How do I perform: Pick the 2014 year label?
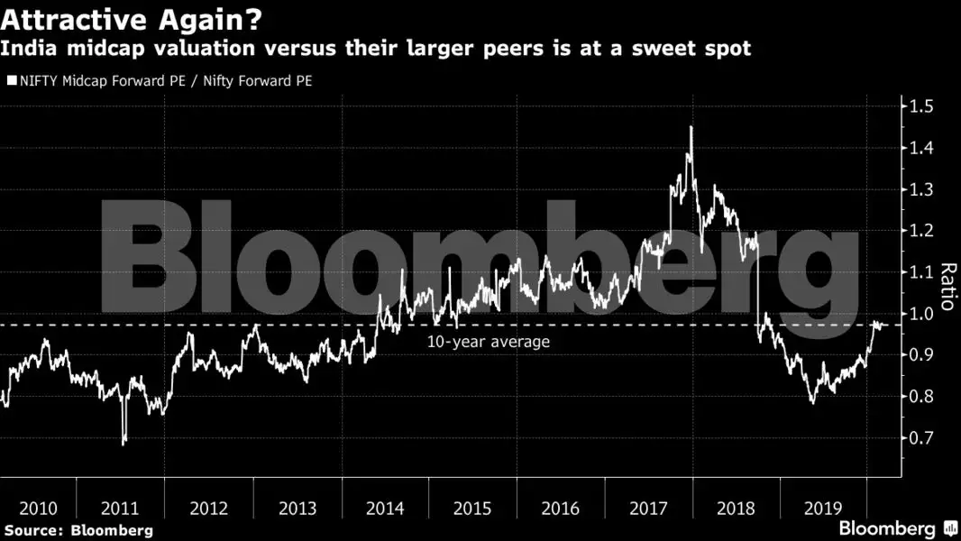[x=386, y=509]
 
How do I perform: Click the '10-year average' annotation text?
[x=488, y=342]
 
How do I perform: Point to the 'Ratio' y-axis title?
[x=947, y=287]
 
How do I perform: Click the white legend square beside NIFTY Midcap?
[x=11, y=81]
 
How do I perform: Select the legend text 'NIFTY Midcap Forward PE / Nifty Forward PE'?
[x=166, y=81]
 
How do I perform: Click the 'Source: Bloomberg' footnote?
[x=78, y=530]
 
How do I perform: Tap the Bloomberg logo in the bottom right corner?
[x=896, y=528]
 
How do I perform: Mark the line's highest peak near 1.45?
[x=691, y=127]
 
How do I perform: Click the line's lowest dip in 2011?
[x=124, y=443]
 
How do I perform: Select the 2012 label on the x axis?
[x=209, y=509]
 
